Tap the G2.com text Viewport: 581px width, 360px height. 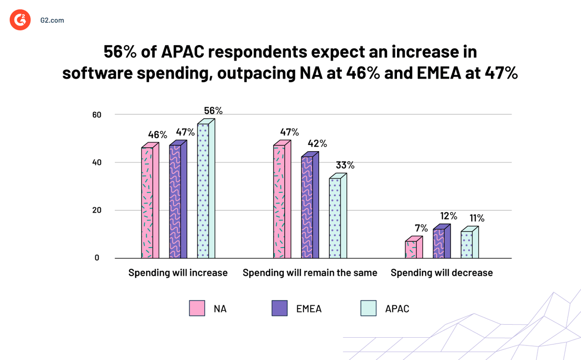point(52,20)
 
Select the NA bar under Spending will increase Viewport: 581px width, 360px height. point(148,202)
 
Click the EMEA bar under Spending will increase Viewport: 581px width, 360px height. point(175,201)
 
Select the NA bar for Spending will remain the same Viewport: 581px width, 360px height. point(279,201)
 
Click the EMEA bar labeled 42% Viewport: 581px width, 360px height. point(307,206)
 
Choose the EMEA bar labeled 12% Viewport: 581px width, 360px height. point(439,243)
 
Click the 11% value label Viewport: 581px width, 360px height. point(477,218)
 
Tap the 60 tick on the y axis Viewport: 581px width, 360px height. point(97,115)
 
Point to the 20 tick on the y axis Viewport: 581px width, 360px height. point(97,210)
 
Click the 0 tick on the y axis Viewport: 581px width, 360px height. point(97,258)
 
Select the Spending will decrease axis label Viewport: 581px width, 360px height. point(442,273)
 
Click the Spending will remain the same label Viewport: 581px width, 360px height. point(310,273)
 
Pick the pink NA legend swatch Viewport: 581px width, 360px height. point(197,308)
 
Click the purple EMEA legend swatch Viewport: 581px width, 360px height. point(280,308)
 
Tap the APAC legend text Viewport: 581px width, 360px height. point(397,309)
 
